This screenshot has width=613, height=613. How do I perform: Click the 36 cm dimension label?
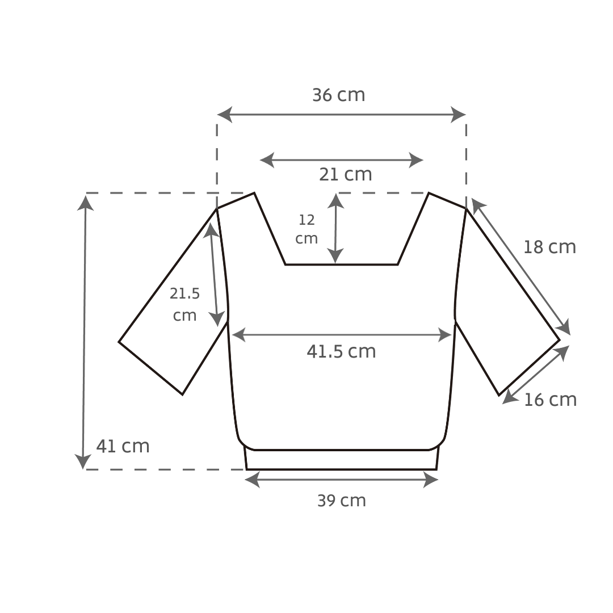[338, 95]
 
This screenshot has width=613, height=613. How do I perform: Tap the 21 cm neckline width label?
[345, 174]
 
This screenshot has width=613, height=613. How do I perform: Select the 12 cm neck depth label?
[306, 229]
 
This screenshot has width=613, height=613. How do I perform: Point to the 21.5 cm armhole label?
[184, 304]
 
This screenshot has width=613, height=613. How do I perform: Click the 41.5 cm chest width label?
[341, 351]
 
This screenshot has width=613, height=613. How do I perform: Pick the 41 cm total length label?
[123, 446]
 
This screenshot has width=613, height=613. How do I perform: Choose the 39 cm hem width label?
[341, 501]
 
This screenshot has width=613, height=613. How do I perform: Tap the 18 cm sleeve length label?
[549, 247]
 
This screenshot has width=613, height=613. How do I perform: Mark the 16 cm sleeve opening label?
[550, 400]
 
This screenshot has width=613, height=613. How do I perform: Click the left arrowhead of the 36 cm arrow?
[224, 115]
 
